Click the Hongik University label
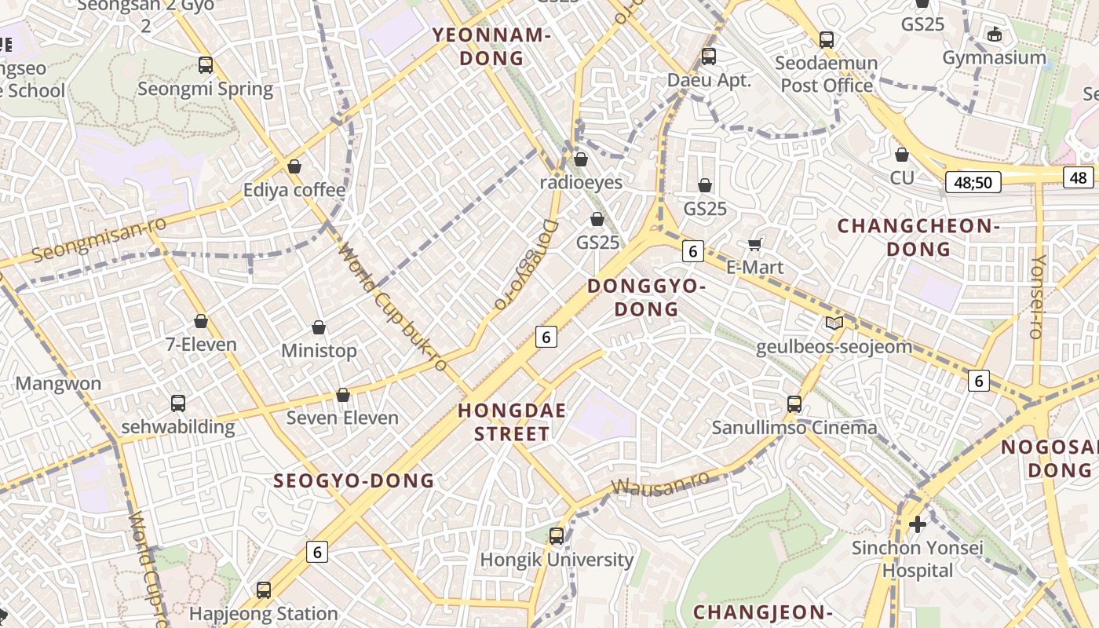point(557,560)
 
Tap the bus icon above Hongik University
point(557,536)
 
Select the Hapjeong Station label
point(264,613)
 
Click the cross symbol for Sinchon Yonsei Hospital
point(917,524)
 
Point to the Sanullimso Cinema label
point(794,428)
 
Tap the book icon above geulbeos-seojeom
point(834,323)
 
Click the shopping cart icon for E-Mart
point(755,244)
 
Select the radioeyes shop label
point(581,183)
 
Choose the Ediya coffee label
point(294,190)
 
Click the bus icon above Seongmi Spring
point(206,65)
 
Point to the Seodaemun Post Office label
point(827,74)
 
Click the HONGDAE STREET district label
point(513,422)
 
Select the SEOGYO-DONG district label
point(353,480)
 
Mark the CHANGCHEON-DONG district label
point(918,238)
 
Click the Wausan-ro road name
point(660,483)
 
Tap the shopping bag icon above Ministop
point(319,327)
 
